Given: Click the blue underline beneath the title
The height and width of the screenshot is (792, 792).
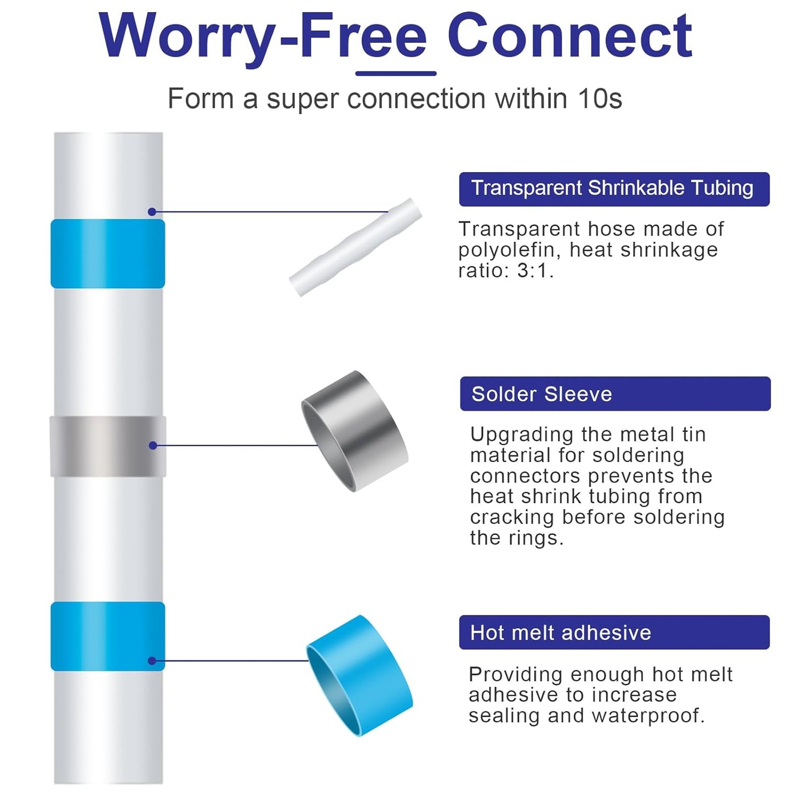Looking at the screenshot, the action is [396, 73].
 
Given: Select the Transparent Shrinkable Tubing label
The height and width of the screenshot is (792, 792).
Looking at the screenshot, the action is [614, 189].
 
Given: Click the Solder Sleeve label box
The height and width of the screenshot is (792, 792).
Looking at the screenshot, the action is [616, 394].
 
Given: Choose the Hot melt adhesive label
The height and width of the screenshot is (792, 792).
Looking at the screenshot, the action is [614, 632].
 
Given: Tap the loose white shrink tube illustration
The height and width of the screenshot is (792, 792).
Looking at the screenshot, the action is [356, 247].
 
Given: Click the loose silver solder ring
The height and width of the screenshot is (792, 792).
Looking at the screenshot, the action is [354, 431].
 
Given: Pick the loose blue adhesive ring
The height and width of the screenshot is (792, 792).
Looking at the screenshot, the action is [359, 675].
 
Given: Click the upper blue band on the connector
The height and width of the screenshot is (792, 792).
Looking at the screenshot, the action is [107, 254].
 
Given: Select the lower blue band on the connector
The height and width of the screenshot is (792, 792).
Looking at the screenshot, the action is [107, 637].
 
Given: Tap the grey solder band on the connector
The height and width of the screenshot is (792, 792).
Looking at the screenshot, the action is [108, 446].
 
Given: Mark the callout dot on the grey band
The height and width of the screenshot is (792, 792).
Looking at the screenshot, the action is [153, 446].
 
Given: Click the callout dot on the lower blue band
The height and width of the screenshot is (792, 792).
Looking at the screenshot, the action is [152, 661].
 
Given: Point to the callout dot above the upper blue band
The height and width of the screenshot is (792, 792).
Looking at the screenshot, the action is [152, 212].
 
